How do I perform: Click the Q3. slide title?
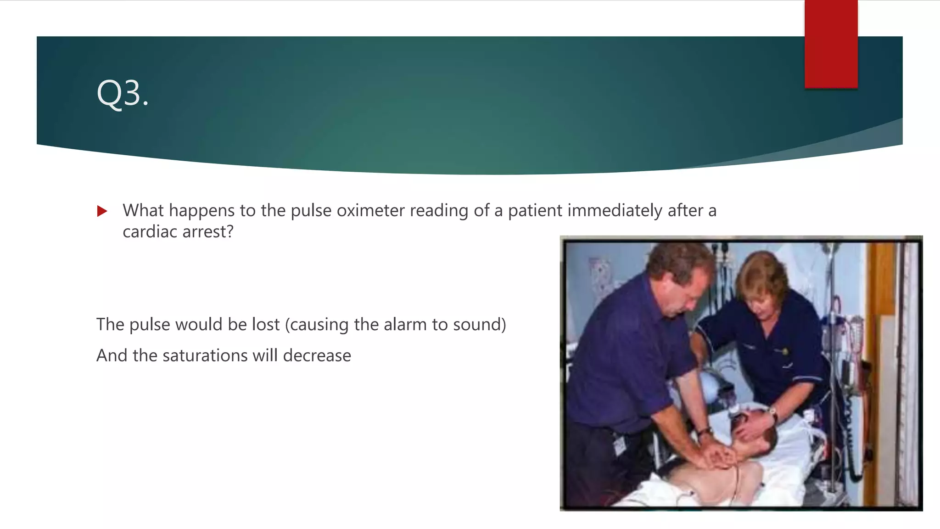click(x=123, y=93)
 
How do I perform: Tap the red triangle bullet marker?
click(x=102, y=211)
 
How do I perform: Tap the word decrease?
click(x=317, y=355)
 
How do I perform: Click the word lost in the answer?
click(x=266, y=324)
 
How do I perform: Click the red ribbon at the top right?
click(x=831, y=44)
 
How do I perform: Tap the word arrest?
click(x=208, y=231)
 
